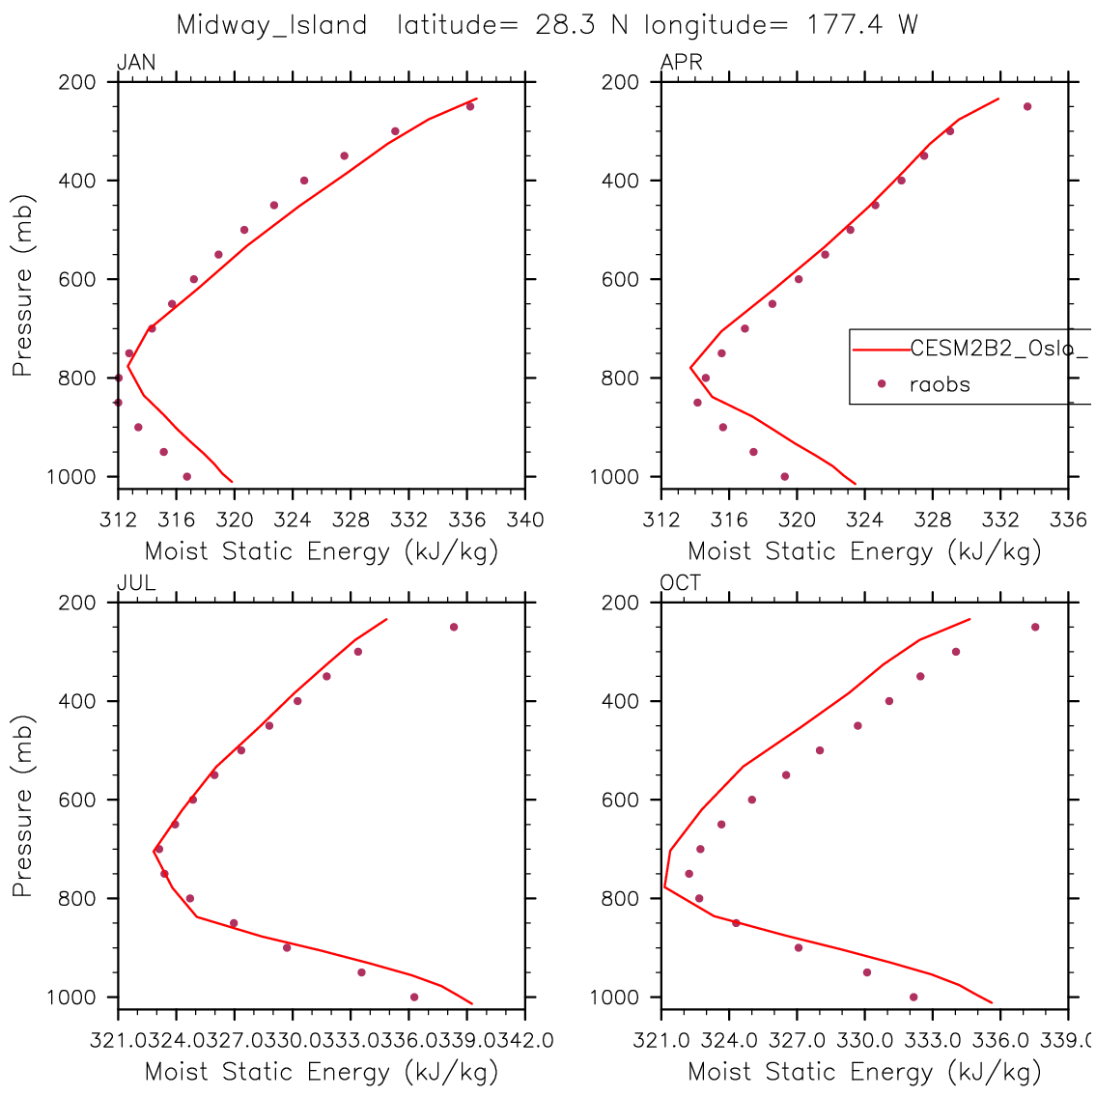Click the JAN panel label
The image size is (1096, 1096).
tap(135, 63)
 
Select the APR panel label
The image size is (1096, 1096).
tap(681, 63)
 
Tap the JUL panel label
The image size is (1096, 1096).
tap(135, 583)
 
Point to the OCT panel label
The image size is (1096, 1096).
tap(681, 583)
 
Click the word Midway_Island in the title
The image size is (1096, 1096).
tap(271, 25)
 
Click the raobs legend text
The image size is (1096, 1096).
tap(940, 384)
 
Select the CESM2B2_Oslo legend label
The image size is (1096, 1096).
tap(995, 349)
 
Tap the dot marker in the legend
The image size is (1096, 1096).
tap(881, 383)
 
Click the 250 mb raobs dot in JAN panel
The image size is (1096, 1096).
tap(470, 106)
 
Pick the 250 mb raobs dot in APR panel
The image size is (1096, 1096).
tap(1027, 106)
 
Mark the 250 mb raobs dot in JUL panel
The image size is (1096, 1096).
tap(454, 627)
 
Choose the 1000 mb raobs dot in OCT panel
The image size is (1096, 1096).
tap(913, 997)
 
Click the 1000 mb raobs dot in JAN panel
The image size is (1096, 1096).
tap(186, 476)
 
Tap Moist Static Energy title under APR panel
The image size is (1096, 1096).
tap(864, 551)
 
